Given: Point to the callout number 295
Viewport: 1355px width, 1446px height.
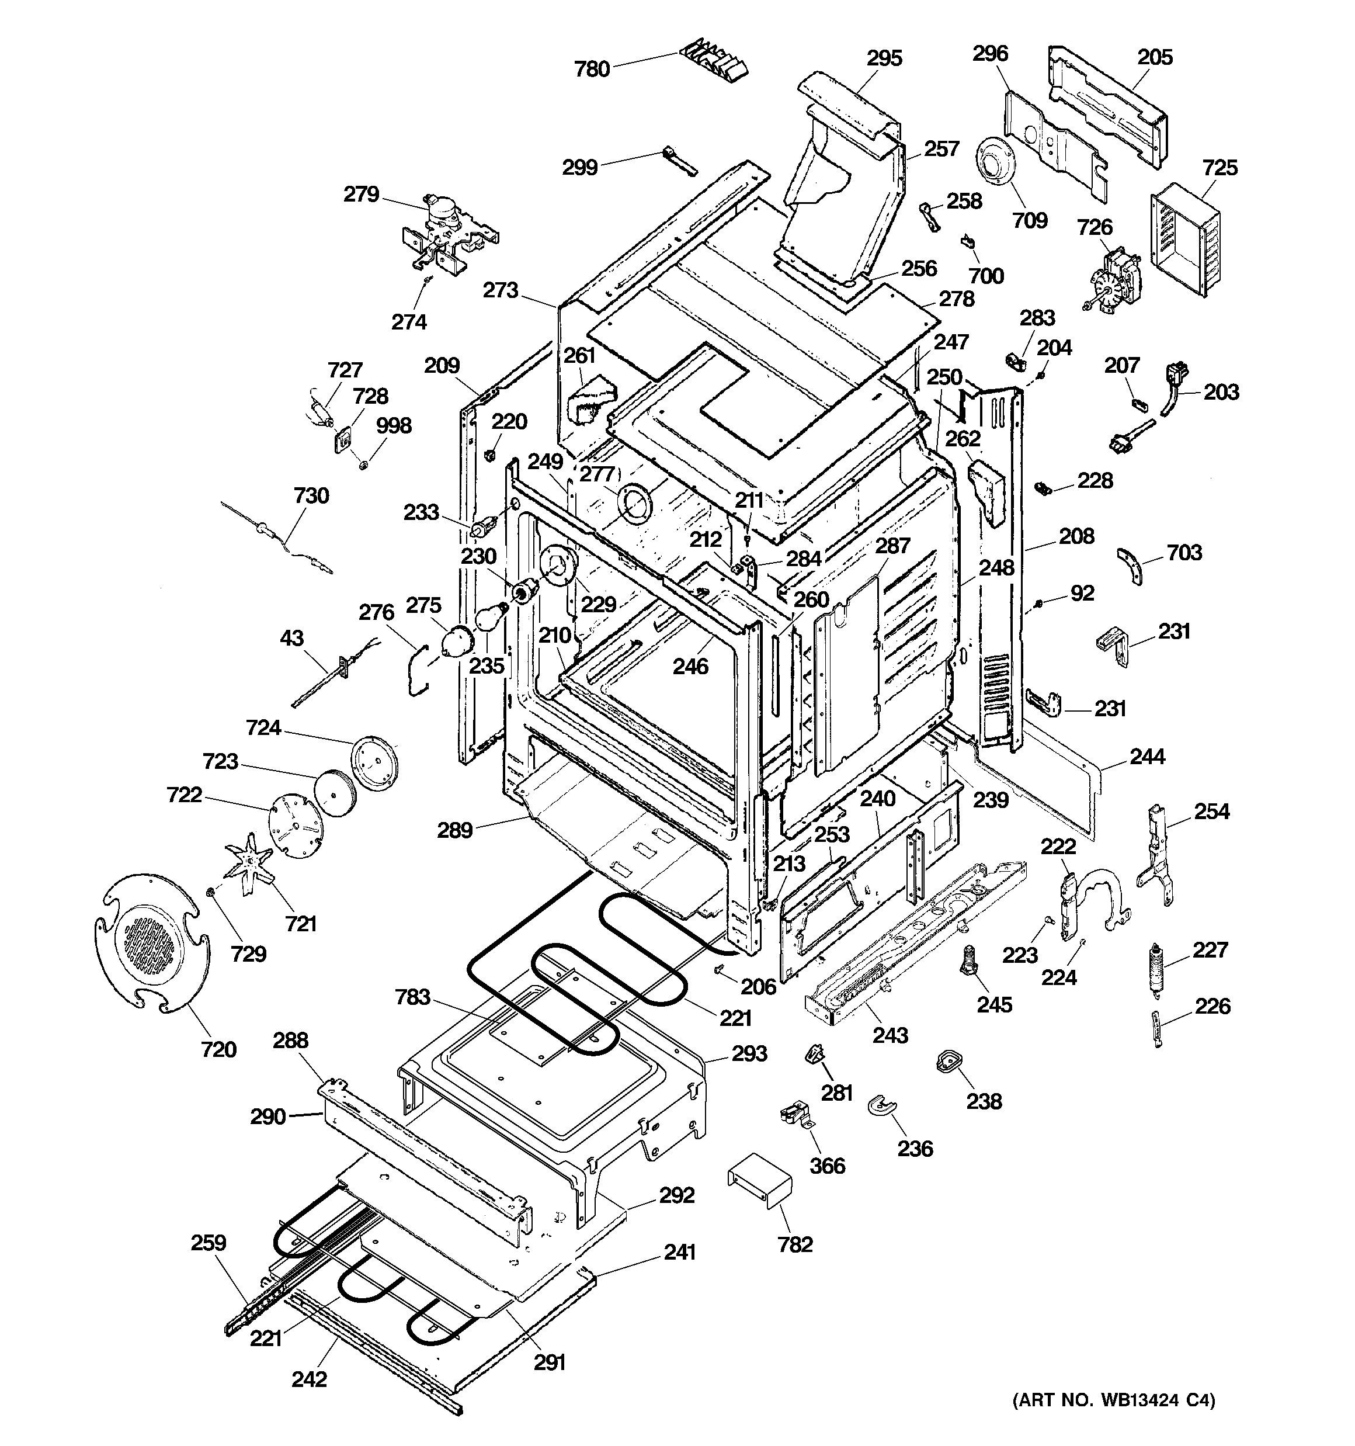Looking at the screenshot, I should [x=884, y=58].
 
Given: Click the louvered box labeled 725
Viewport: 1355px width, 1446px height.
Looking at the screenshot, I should [x=1186, y=240].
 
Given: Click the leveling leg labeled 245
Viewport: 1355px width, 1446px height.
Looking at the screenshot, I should [x=969, y=962].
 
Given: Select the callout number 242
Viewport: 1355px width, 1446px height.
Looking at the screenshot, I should [x=309, y=1378].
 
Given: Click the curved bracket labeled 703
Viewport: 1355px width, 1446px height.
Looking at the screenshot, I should [x=1130, y=566].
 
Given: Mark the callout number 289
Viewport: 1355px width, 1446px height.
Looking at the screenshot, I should [x=454, y=830].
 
